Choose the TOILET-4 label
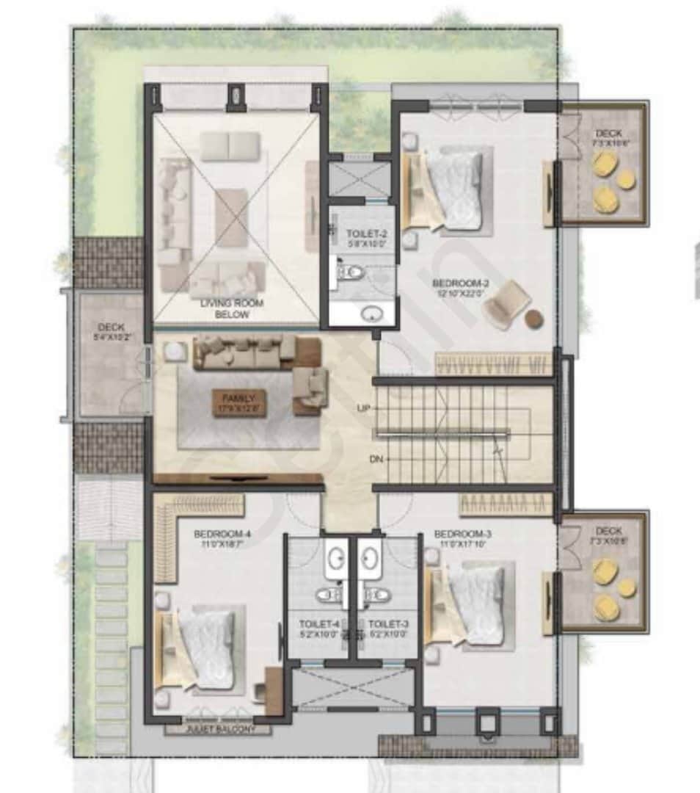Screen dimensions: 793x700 click(318, 629)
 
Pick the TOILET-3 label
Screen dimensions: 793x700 click(388, 629)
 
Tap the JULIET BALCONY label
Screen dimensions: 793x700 click(219, 730)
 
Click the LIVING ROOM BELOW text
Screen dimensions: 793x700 click(232, 308)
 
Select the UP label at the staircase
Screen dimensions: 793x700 click(362, 408)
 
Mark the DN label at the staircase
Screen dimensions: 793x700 click(376, 460)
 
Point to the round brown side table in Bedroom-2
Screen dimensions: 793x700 click(535, 318)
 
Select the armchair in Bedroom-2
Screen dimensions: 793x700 click(506, 305)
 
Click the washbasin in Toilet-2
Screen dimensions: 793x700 click(373, 314)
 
